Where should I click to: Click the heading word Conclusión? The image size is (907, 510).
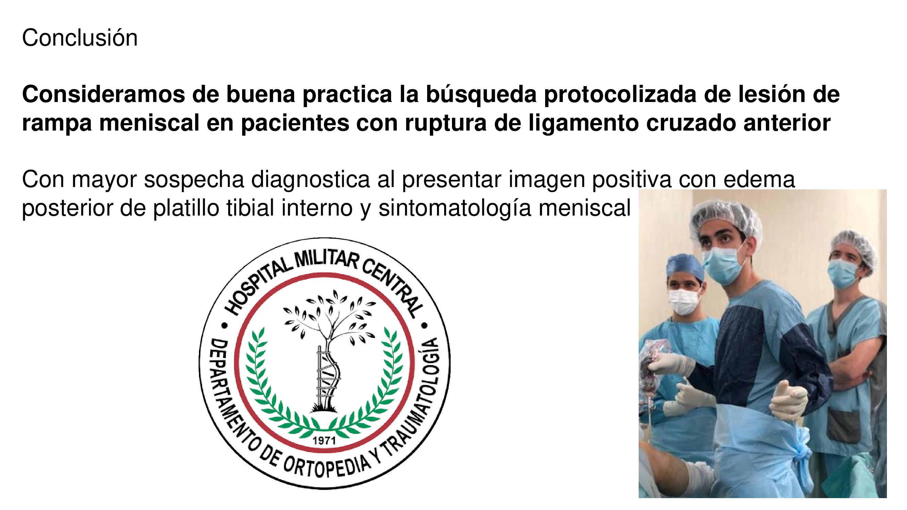(x=80, y=37)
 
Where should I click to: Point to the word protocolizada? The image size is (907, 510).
(x=620, y=95)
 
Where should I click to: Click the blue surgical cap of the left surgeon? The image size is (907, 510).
(x=685, y=266)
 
